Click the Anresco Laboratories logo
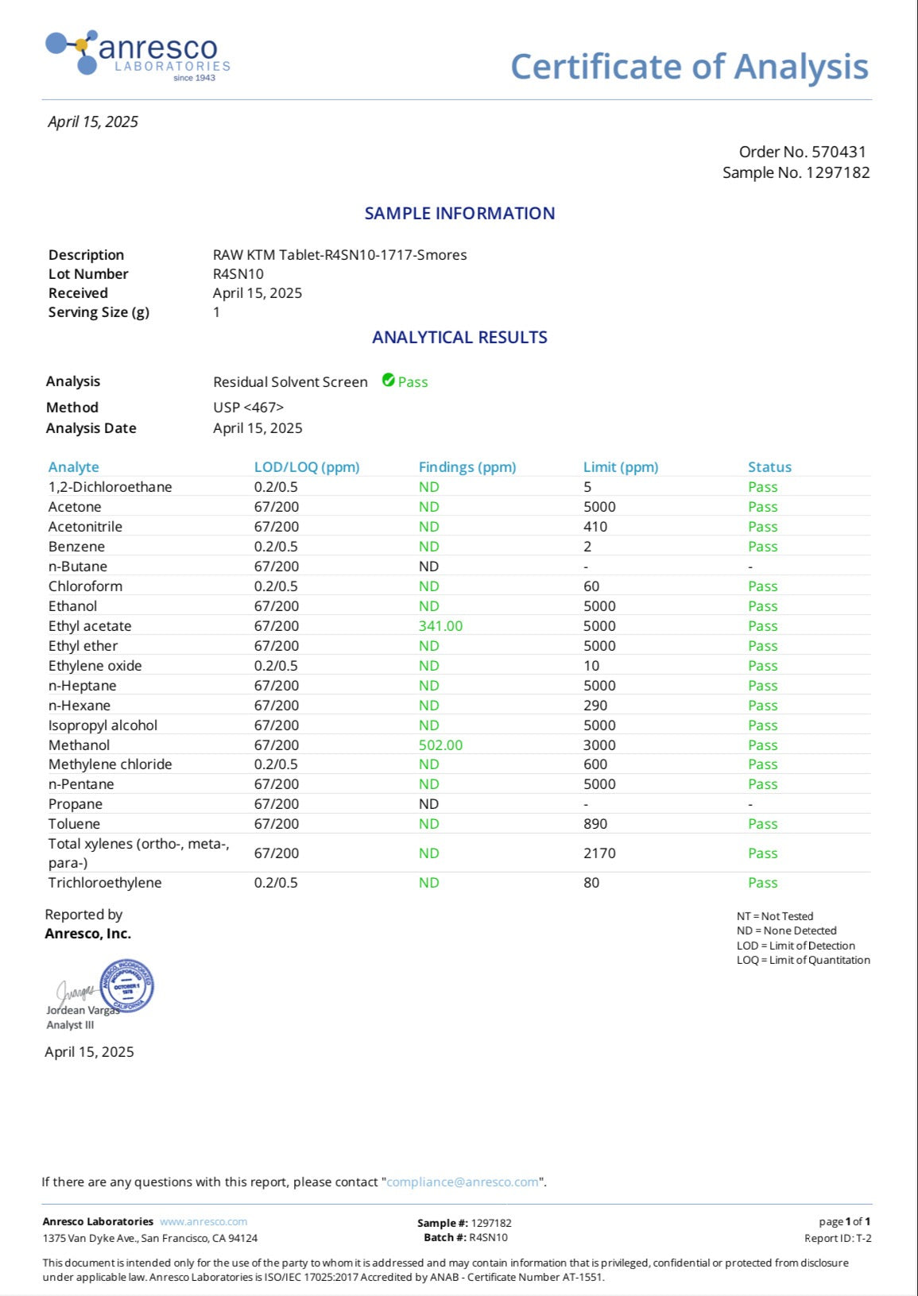pyautogui.click(x=138, y=55)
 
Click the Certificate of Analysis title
pyautogui.click(x=689, y=67)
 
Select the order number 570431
pyautogui.click(x=839, y=152)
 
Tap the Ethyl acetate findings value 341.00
pyautogui.click(x=440, y=626)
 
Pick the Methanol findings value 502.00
pyautogui.click(x=440, y=745)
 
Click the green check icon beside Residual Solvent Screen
pyautogui.click(x=389, y=381)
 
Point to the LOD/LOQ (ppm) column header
pyautogui.click(x=307, y=467)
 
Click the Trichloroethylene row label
pyautogui.click(x=105, y=883)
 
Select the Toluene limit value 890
pyautogui.click(x=595, y=824)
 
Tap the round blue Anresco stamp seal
pyautogui.click(x=126, y=986)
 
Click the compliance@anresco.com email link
pyautogui.click(x=463, y=1182)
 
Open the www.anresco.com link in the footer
pyautogui.click(x=203, y=1221)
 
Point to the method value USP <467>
pyautogui.click(x=248, y=407)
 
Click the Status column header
pyautogui.click(x=769, y=467)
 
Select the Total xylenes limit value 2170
pyautogui.click(x=599, y=853)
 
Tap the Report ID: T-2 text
pyautogui.click(x=838, y=1238)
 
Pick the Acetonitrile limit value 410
pyautogui.click(x=595, y=527)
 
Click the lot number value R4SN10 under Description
pyautogui.click(x=238, y=274)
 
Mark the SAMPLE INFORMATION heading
pyautogui.click(x=459, y=213)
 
